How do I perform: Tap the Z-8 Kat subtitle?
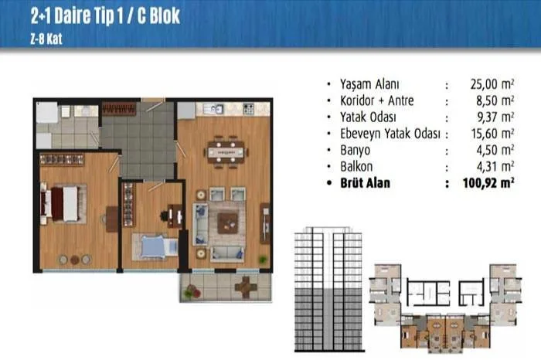pyautogui.click(x=46, y=39)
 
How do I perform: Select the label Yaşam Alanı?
pyautogui.click(x=369, y=84)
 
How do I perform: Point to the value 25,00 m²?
pyautogui.click(x=492, y=84)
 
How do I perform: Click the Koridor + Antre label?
pyautogui.click(x=377, y=100)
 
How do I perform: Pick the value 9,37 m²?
pyautogui.click(x=495, y=117)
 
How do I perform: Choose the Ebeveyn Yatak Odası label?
pyautogui.click(x=390, y=134)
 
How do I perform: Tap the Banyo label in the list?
pyautogui.click(x=355, y=150)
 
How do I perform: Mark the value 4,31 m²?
pyautogui.click(x=495, y=167)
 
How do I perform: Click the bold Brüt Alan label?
pyautogui.click(x=365, y=183)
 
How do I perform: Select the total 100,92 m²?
pyautogui.click(x=488, y=183)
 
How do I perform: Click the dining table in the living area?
pyautogui.click(x=226, y=152)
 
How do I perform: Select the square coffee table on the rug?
pyautogui.click(x=227, y=223)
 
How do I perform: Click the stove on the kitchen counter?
pyautogui.click(x=248, y=109)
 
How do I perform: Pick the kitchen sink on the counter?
pyautogui.click(x=213, y=109)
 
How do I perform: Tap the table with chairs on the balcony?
pyautogui.click(x=246, y=287)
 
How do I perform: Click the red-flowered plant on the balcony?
pyautogui.click(x=192, y=291)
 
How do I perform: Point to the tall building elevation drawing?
pyautogui.click(x=328, y=289)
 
